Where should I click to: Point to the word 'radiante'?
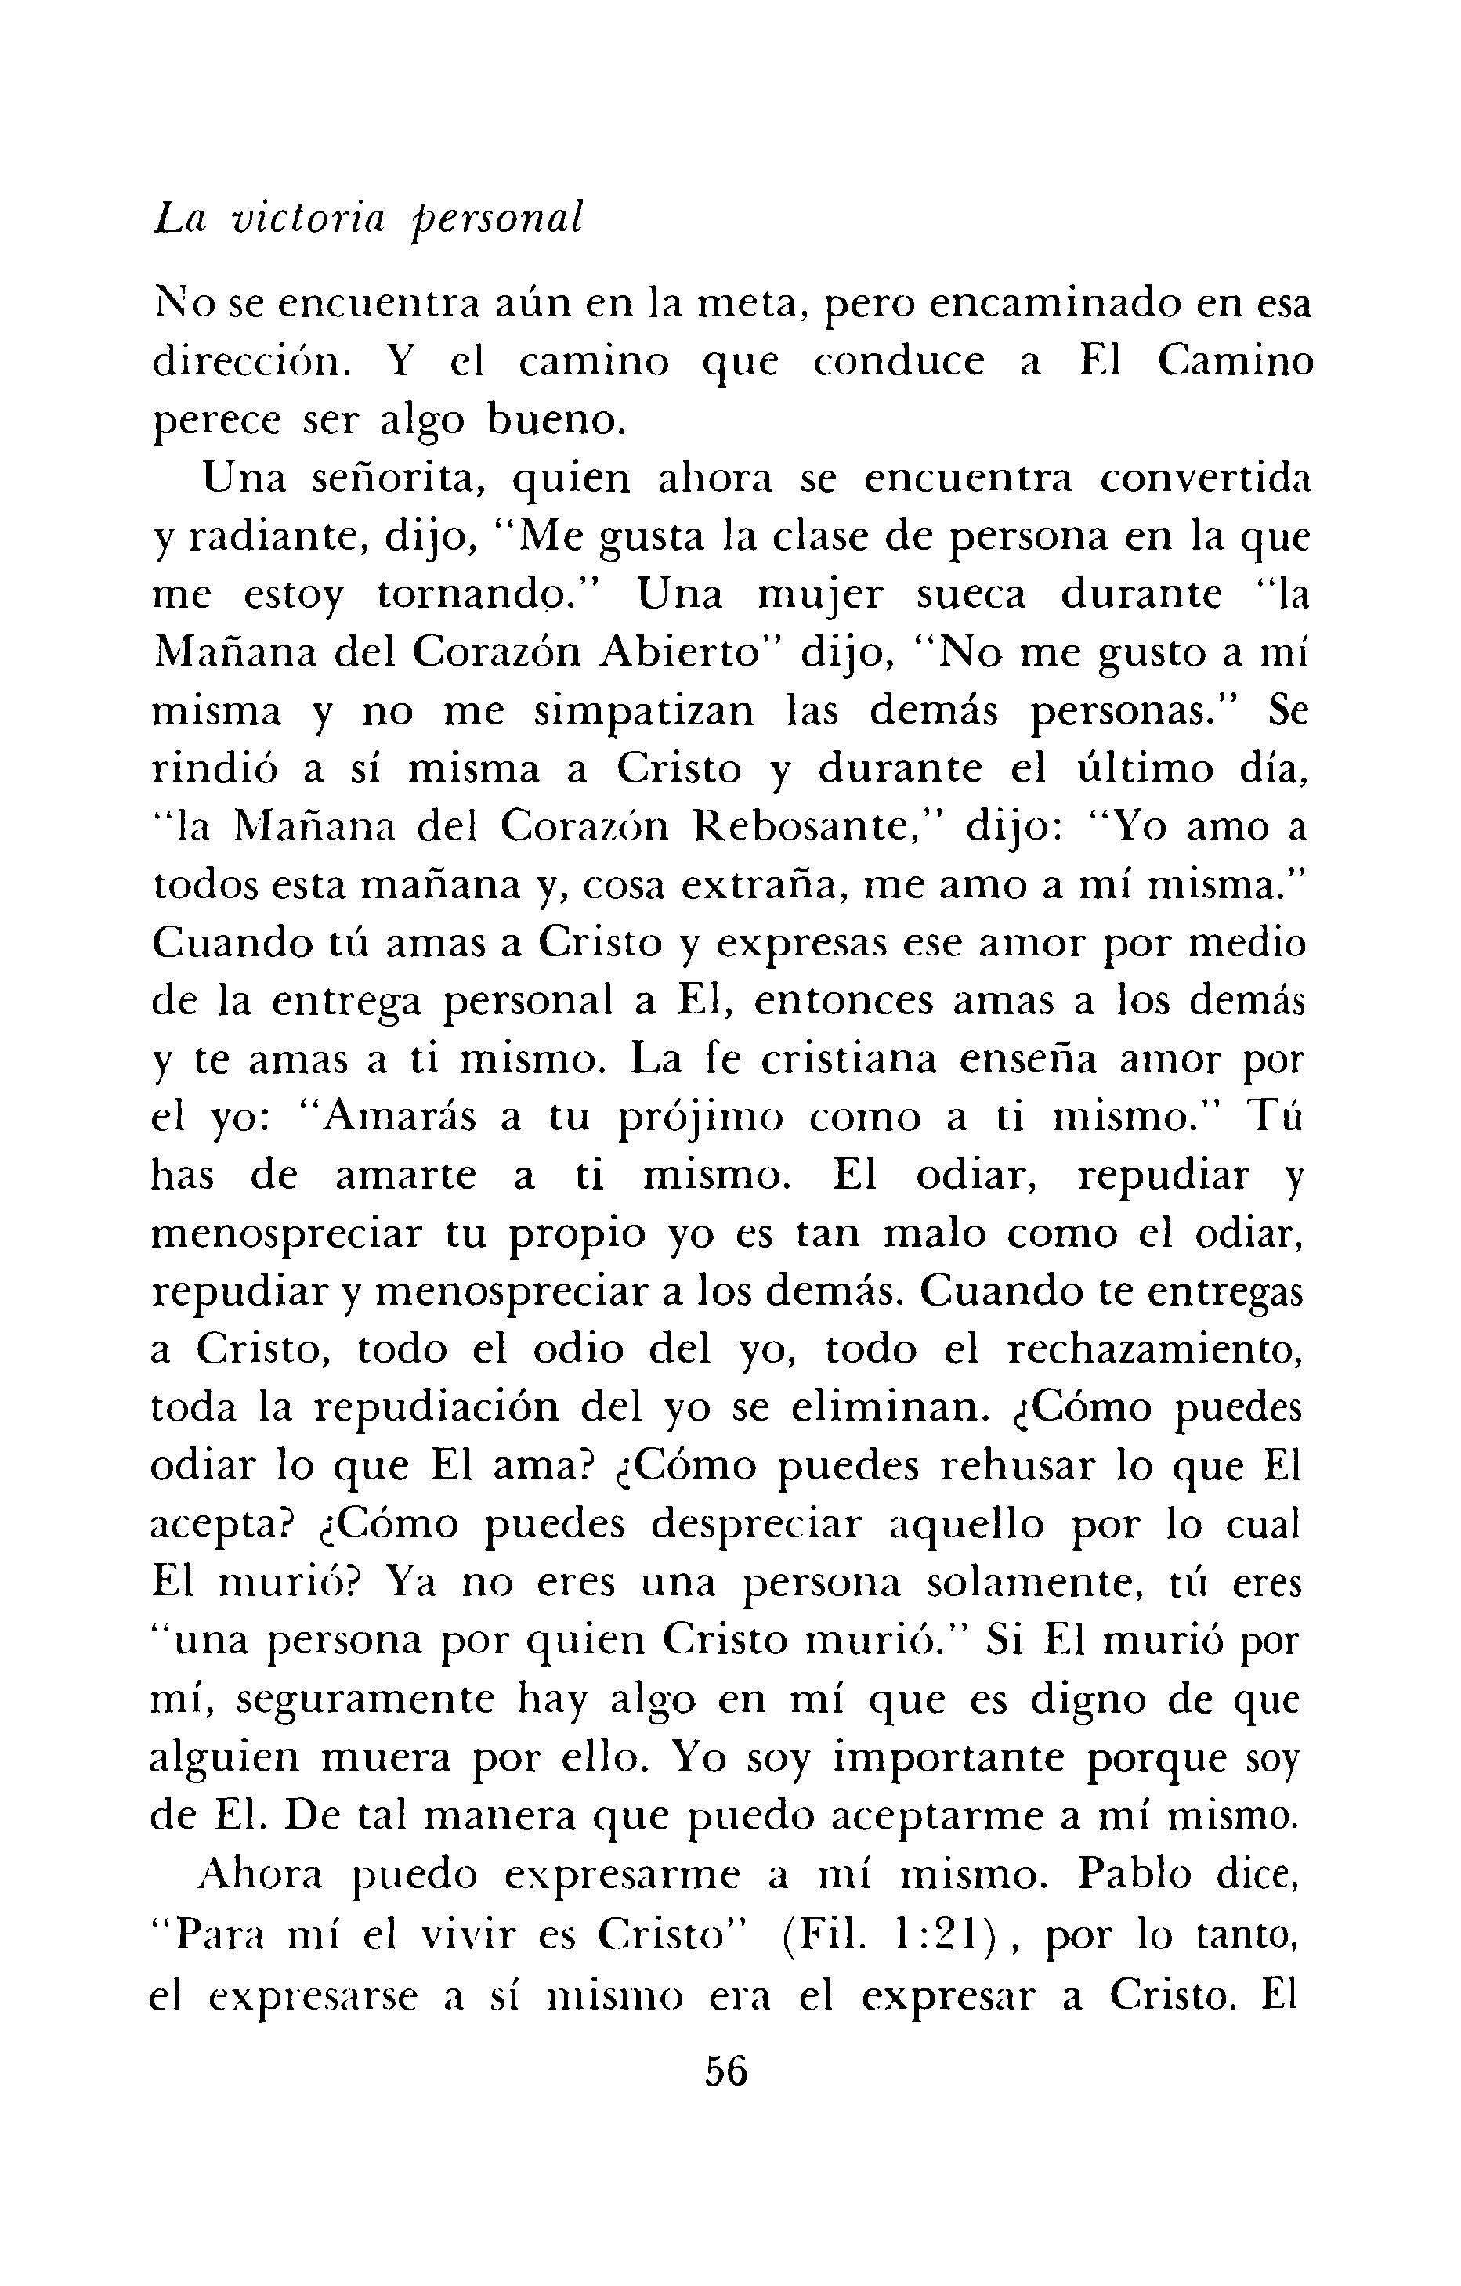coord(277,538)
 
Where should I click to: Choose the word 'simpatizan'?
coord(645,712)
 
